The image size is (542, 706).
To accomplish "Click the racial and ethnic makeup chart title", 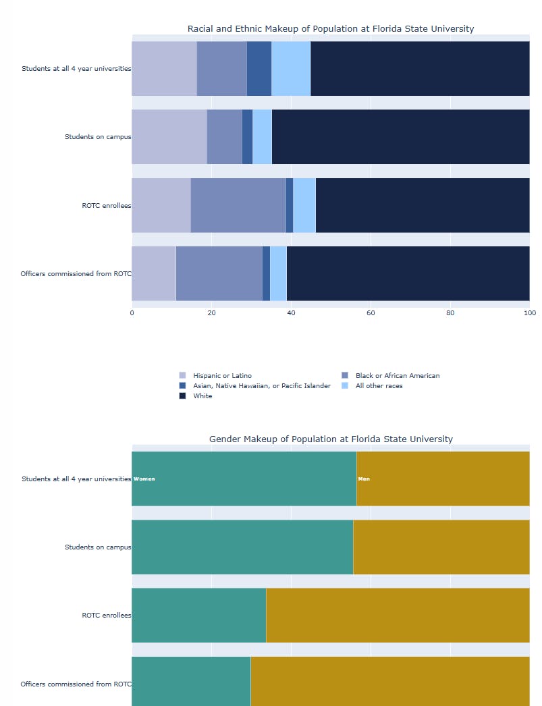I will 330,28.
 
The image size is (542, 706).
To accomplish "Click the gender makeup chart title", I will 330,439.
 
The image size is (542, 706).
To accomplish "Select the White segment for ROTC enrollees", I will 422,205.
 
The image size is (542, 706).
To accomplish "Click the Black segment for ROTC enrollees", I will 238,205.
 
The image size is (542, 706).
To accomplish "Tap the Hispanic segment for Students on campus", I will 169,136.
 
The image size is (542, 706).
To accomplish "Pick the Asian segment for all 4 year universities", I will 259,68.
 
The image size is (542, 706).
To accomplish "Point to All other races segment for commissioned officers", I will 278,273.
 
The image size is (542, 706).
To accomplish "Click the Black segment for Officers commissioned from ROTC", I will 219,273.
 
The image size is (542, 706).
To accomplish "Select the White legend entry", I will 202,396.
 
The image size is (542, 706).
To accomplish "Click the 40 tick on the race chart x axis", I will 291,313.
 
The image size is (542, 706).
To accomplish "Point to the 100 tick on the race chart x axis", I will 529,313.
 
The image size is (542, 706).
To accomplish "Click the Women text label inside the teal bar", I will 144,479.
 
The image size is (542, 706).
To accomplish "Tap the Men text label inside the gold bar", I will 364,479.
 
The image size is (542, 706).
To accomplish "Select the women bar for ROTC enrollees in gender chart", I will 198,615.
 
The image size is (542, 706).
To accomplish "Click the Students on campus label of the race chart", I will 97,136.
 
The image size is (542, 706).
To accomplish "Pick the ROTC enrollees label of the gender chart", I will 106,615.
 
